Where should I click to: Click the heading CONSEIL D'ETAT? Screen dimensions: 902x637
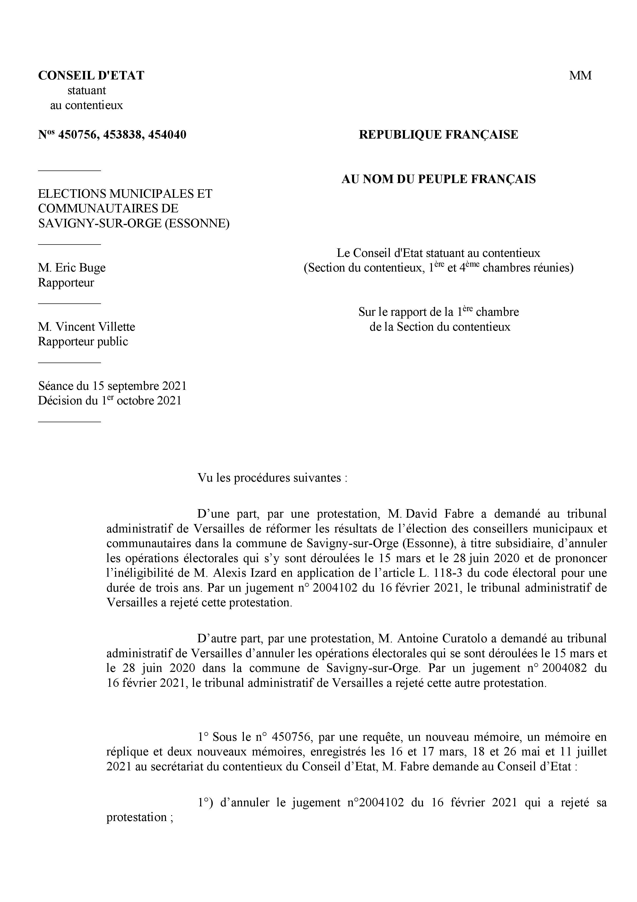point(91,75)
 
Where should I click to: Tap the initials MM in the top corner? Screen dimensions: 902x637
point(580,75)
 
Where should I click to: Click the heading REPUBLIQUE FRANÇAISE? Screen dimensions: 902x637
point(438,135)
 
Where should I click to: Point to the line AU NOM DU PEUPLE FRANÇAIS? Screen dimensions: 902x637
point(438,179)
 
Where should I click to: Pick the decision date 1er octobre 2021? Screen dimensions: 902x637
point(141,401)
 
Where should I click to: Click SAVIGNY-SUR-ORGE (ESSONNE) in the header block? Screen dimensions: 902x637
point(133,223)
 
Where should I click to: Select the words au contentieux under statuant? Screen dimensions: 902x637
point(86,105)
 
